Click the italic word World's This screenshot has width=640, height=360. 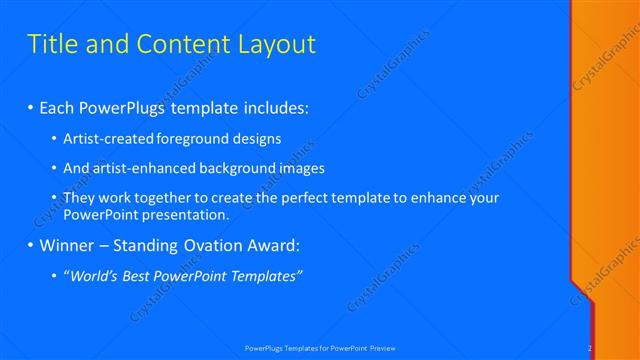point(94,276)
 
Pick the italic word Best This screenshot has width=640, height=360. point(139,276)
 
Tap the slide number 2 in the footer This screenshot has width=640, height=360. point(590,348)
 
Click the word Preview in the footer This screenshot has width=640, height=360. point(382,348)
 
